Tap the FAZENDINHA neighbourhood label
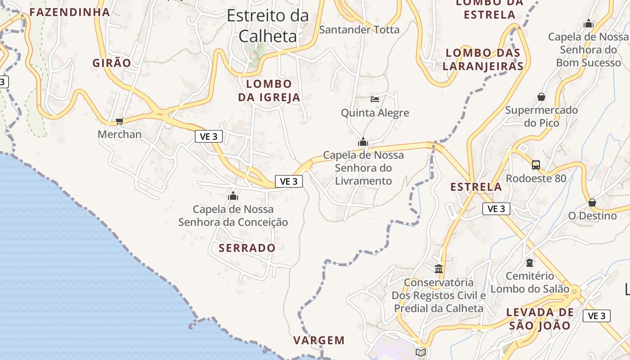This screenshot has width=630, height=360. coord(70,12)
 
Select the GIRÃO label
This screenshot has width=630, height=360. coord(112,63)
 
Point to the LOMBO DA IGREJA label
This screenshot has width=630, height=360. coord(269,90)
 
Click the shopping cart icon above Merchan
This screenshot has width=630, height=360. coord(119,121)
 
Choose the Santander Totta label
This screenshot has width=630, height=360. coord(359,30)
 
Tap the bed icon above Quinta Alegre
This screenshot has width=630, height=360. coord(375,99)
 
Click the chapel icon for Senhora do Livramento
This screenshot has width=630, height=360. coord(363,142)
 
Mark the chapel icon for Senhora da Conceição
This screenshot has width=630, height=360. coord(233,196)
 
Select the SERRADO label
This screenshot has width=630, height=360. coord(247,248)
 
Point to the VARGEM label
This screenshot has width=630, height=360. coord(319,341)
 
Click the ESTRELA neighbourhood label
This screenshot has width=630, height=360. coord(476,187)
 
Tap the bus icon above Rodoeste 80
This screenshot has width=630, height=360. coord(535,165)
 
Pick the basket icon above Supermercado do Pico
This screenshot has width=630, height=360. coord(541,97)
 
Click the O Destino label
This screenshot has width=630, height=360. coord(592,216)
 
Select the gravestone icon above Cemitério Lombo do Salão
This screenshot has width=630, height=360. coord(530,262)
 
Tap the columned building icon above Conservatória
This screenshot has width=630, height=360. coord(439,269)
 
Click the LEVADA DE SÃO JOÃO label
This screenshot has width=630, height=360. coord(540,319)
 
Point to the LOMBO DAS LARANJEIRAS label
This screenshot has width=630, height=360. coord(483,59)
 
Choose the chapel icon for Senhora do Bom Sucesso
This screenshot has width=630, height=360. coord(588,23)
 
